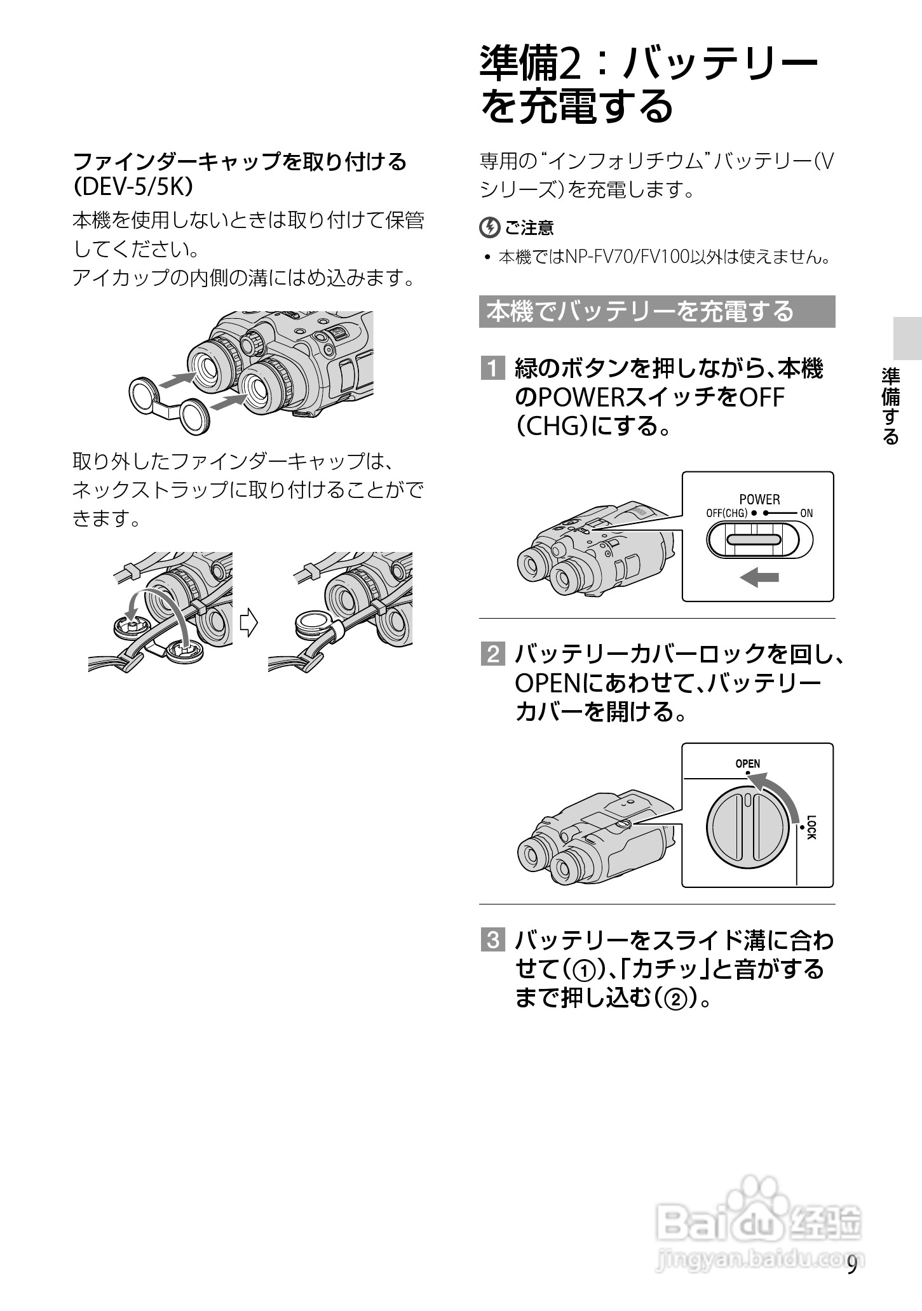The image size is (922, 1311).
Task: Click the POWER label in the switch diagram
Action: click(759, 500)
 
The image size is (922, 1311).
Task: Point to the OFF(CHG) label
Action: click(726, 513)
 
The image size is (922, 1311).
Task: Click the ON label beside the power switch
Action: click(806, 513)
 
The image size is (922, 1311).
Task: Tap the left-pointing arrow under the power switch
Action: click(760, 577)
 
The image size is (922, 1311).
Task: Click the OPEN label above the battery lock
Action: click(747, 763)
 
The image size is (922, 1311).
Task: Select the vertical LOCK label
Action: click(811, 827)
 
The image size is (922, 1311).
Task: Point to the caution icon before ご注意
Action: click(489, 227)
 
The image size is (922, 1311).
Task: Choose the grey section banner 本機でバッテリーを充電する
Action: click(656, 312)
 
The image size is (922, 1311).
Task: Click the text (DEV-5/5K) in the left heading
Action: click(133, 188)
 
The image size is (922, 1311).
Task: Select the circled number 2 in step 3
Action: click(675, 1000)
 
